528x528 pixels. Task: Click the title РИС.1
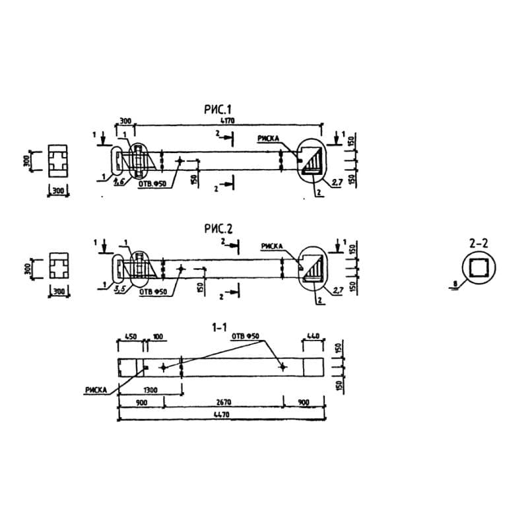point(219,110)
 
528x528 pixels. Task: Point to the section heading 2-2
point(478,244)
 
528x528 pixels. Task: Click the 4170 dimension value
point(228,121)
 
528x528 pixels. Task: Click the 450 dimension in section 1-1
point(131,337)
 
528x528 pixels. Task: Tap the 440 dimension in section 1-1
point(312,337)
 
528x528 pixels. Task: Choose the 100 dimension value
point(158,337)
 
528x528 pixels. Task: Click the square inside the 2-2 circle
point(478,267)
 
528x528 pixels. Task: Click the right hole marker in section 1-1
point(282,367)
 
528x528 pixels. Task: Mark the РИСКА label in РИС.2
point(272,246)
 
